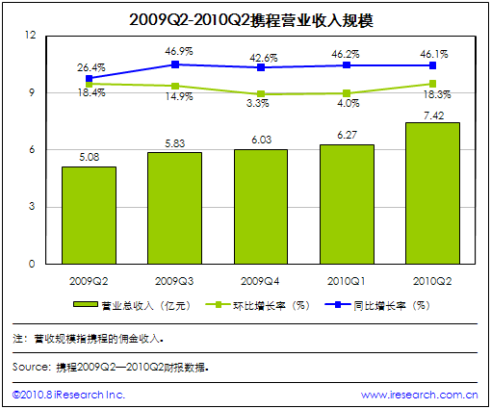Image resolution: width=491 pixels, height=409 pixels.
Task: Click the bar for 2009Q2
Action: tap(89, 216)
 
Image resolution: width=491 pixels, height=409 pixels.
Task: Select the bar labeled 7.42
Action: tap(432, 193)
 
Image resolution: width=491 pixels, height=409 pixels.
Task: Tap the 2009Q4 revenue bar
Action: tap(261, 207)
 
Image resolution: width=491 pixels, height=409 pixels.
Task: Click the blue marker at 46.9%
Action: tap(175, 64)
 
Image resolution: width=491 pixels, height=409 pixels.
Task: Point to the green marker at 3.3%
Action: tap(261, 94)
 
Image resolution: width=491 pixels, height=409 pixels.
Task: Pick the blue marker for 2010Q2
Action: tap(432, 65)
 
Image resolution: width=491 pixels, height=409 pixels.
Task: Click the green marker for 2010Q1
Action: tap(347, 93)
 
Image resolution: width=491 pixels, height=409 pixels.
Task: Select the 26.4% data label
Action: tap(91, 67)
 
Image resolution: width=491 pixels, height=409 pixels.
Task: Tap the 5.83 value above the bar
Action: tap(175, 143)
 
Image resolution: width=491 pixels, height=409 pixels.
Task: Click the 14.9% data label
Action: tap(179, 96)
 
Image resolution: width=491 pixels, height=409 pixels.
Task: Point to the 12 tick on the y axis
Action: tap(31, 35)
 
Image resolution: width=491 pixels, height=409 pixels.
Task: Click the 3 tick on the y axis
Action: tap(32, 206)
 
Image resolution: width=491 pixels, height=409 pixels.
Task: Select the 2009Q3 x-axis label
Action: tap(174, 281)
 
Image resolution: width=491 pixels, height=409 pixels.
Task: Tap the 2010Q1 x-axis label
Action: tap(347, 281)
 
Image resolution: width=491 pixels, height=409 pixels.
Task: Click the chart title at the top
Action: tap(251, 20)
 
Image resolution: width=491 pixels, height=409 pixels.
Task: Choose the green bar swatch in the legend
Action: tap(86, 304)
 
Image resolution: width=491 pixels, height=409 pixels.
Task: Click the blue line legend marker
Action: tap(338, 304)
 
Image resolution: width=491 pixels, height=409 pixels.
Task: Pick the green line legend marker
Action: tap(218, 304)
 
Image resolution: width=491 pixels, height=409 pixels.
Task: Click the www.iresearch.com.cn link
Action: tap(420, 395)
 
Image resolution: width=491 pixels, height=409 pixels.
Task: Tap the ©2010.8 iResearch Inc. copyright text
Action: tap(68, 395)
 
